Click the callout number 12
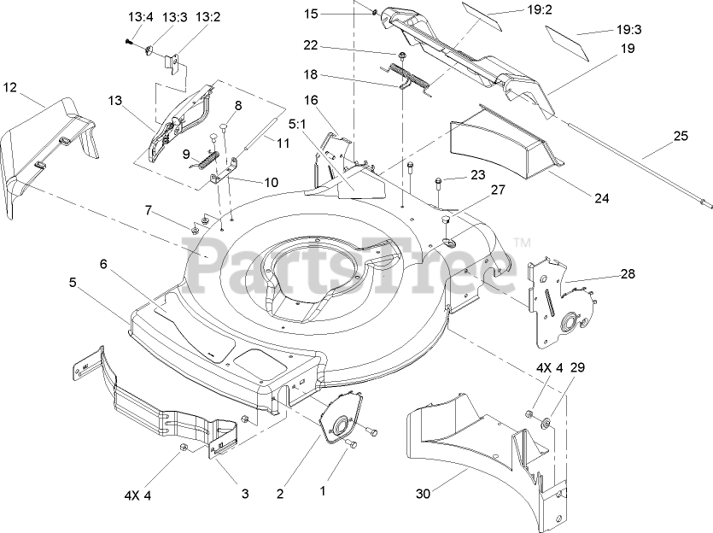(x=10, y=86)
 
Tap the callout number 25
(x=680, y=136)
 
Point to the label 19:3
(x=628, y=29)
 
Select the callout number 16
(x=310, y=101)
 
